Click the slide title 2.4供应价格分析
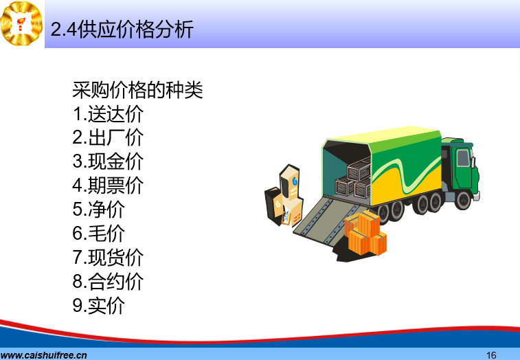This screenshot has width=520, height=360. tap(122, 29)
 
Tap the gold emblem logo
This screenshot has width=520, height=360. tap(21, 23)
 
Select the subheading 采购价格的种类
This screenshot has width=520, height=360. tap(137, 90)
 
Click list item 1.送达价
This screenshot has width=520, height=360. tap(108, 114)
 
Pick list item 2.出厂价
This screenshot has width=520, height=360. tap(108, 137)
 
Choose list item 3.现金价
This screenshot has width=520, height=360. tap(108, 161)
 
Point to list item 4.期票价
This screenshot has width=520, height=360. tap(108, 185)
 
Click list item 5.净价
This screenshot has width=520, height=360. tap(98, 209)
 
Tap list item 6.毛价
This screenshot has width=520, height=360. tap(98, 233)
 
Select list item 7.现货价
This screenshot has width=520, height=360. tap(108, 257)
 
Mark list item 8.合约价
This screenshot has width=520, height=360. tap(108, 281)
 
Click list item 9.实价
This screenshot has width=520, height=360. tap(98, 305)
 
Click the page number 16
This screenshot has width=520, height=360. tap(491, 355)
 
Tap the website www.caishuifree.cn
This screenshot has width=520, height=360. tap(43, 355)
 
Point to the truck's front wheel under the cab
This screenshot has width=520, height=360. tap(463, 200)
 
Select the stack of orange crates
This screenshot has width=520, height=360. tap(365, 233)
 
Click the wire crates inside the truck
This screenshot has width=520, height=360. tap(354, 179)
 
